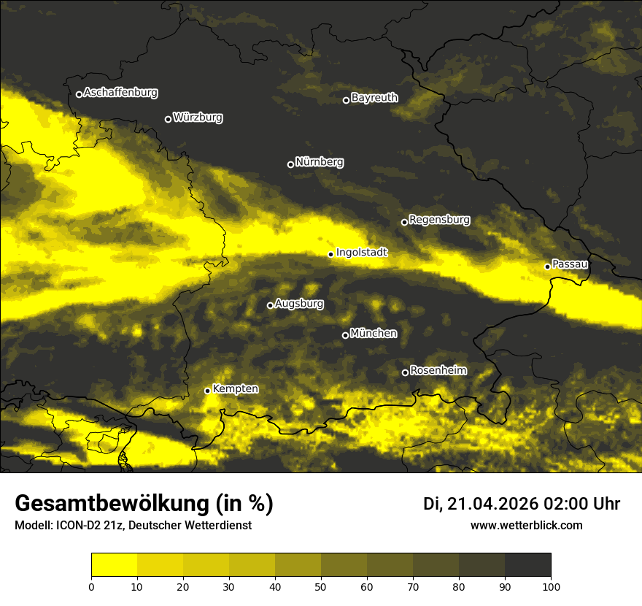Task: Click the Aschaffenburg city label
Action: [120, 93]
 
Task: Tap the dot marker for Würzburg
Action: [168, 119]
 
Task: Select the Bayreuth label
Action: [374, 97]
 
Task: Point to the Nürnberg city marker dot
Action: [290, 164]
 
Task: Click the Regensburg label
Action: [439, 219]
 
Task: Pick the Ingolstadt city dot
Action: [330, 254]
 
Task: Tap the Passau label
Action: [570, 264]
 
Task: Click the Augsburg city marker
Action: [270, 305]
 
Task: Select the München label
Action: [374, 333]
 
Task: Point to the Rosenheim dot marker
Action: [405, 373]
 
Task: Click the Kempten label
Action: [235, 388]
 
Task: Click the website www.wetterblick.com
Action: [526, 526]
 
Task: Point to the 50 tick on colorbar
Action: [321, 586]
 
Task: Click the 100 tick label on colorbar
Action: [551, 586]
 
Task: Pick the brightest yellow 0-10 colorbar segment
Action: [114, 565]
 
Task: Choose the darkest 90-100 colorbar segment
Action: [527, 565]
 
